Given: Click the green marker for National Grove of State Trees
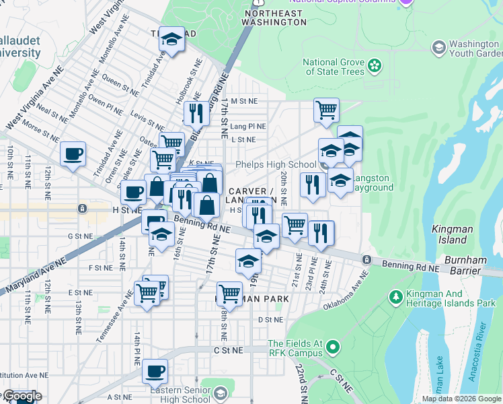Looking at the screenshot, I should click(x=375, y=67).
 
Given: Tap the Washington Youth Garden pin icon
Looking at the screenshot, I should click(x=439, y=48).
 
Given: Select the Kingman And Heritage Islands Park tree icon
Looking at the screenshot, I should click(x=395, y=296).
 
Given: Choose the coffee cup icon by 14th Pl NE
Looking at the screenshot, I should click(x=155, y=370).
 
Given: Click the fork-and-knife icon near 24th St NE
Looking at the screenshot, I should click(x=321, y=232).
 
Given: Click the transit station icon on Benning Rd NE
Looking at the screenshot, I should click(x=366, y=259).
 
